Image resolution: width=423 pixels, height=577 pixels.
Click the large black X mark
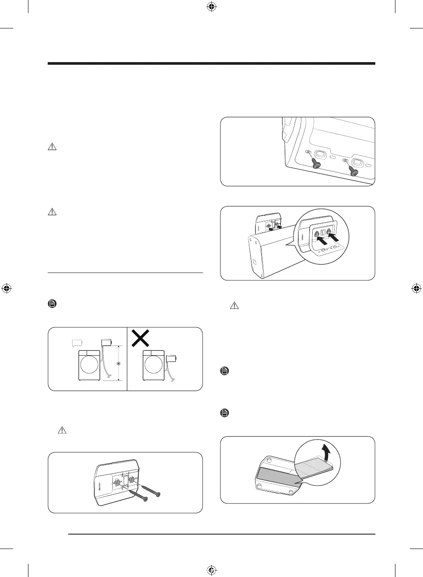pyautogui.click(x=141, y=338)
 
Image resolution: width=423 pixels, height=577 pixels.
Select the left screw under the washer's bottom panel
pyautogui.click(x=315, y=164)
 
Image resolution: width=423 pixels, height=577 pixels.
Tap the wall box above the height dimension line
pyautogui.click(x=107, y=343)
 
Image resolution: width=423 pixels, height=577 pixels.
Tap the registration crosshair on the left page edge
pyautogui.click(x=6, y=288)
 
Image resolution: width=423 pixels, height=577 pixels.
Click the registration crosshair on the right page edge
pyautogui.click(x=416, y=288)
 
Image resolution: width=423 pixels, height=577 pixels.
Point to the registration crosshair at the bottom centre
pyautogui.click(x=211, y=570)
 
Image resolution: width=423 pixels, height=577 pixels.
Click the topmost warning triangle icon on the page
pyautogui.click(x=52, y=147)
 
